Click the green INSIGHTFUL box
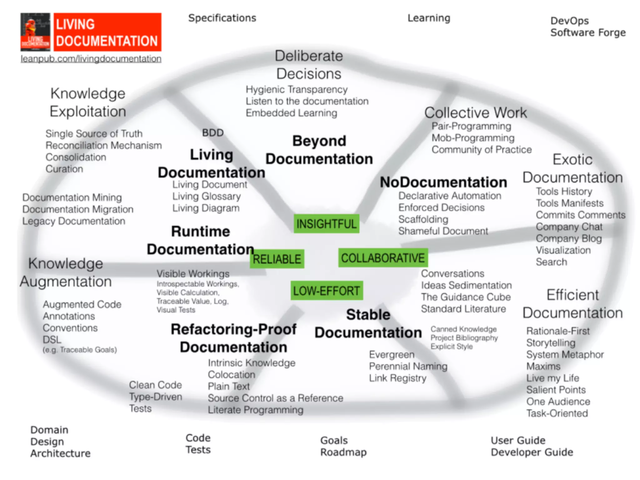[x=326, y=224]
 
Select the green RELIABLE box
[x=277, y=259]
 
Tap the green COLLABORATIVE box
[x=383, y=258]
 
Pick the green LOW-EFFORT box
[x=327, y=291]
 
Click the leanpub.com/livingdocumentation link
[x=91, y=59]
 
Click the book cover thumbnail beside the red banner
[x=35, y=32]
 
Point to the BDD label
[x=213, y=133]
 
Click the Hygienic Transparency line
[x=296, y=89]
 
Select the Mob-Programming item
[x=473, y=138]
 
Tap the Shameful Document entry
[x=443, y=231]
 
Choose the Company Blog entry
[x=568, y=238]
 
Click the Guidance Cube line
[x=466, y=297]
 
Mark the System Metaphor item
[x=565, y=354]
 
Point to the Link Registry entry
[x=397, y=378]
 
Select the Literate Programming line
[x=255, y=410]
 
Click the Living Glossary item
[x=207, y=196]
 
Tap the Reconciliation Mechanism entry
[x=103, y=145]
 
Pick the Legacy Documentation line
[x=74, y=221]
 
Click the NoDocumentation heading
[x=443, y=182]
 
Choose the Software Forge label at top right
[x=588, y=32]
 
